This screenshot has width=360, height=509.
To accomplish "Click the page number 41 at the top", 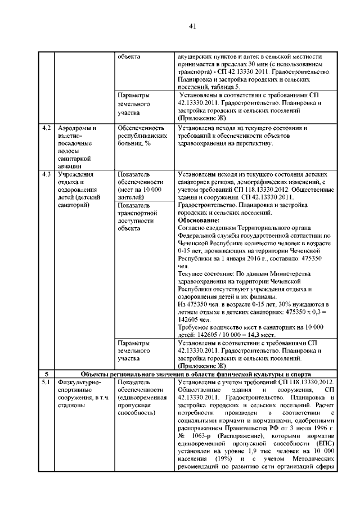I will [192, 26].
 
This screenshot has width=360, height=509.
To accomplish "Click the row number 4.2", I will [47, 128].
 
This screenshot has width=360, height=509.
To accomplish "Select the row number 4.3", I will [47, 174].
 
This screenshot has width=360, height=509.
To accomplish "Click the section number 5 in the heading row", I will [47, 374].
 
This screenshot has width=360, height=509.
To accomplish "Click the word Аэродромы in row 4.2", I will [75, 128].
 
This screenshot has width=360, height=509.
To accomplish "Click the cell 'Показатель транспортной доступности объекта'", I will [138, 217].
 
